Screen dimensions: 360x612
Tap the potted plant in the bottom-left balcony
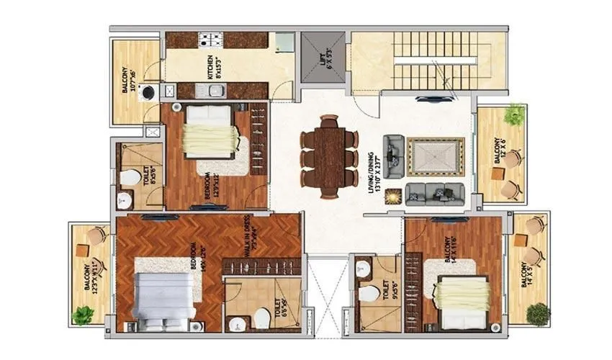[x=84, y=315]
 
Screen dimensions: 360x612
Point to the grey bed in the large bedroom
[x=163, y=297]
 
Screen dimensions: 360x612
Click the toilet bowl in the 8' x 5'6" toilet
[x=130, y=177]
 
